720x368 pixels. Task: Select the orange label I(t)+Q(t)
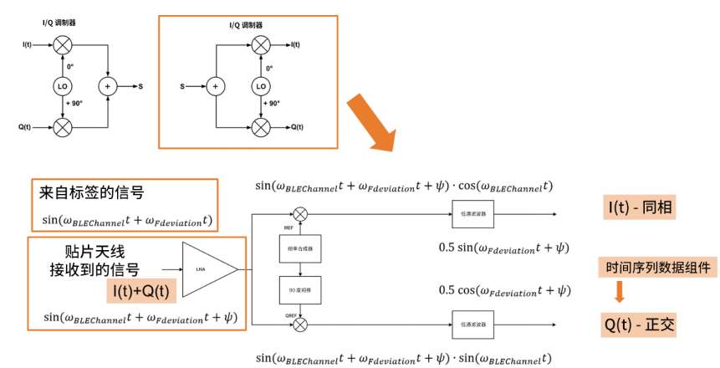pyautogui.click(x=140, y=290)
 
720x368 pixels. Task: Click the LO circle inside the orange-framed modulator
pyautogui.click(x=261, y=86)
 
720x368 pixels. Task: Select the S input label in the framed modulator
pyautogui.click(x=183, y=85)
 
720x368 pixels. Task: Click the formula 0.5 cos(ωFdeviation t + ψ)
pyautogui.click(x=505, y=290)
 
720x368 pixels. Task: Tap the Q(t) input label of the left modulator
pyautogui.click(x=24, y=127)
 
